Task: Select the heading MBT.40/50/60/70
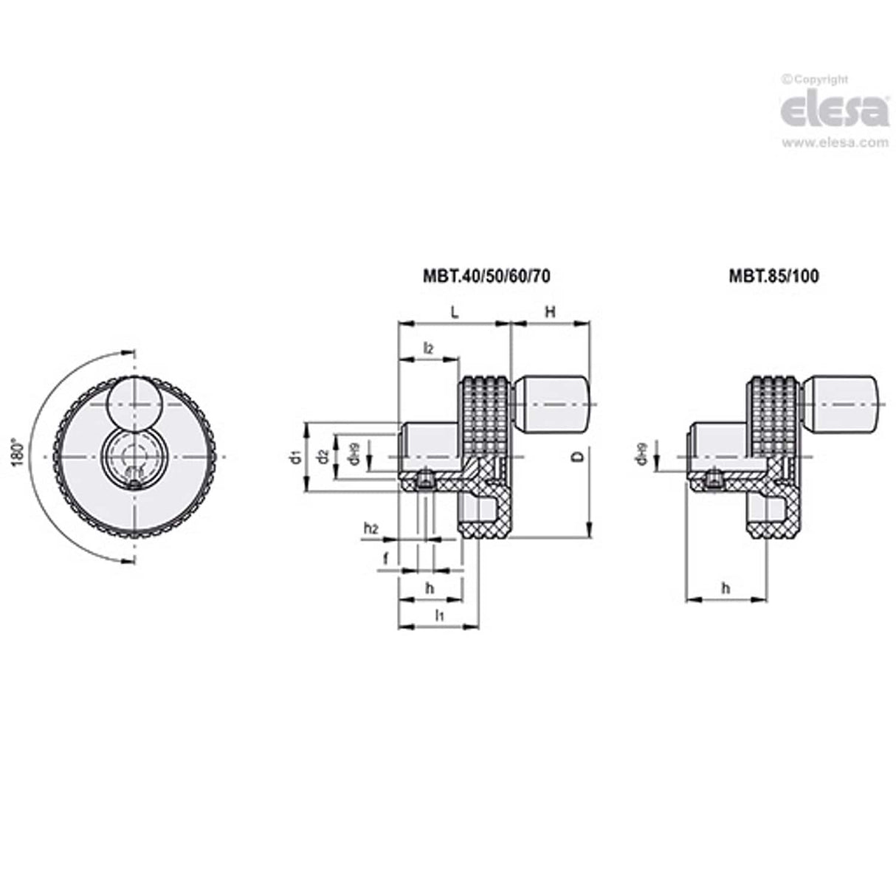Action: [x=486, y=276]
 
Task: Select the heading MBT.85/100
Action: [x=773, y=276]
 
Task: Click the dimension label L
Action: [x=455, y=312]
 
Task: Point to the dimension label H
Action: [x=550, y=312]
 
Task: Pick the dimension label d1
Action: [x=295, y=457]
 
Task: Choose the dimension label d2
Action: [x=323, y=457]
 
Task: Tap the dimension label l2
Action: [x=427, y=348]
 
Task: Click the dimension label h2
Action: [x=371, y=528]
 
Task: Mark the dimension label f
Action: [x=385, y=559]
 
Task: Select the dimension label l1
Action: [x=438, y=615]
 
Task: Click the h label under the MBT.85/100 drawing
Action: [x=725, y=587]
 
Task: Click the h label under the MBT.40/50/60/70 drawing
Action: [x=430, y=587]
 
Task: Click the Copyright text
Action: [x=815, y=80]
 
